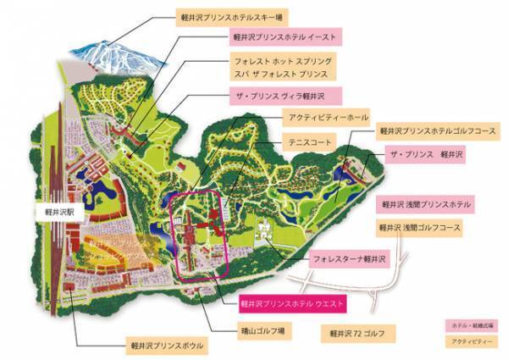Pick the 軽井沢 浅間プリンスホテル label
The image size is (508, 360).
425,204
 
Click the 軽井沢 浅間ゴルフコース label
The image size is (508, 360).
420,227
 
